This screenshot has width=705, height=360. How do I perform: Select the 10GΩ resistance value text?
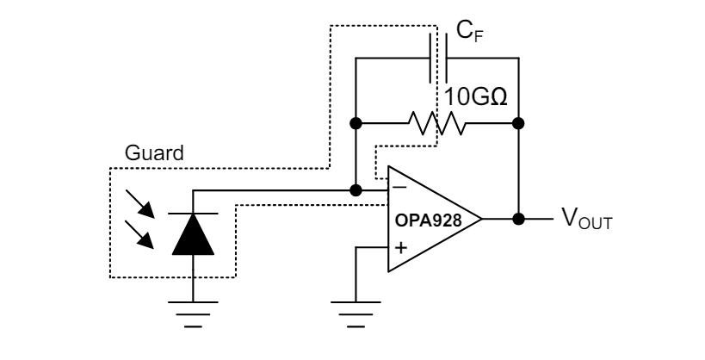[475, 94]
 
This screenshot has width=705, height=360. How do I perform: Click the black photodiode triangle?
[192, 234]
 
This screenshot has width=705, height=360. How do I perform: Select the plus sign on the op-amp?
[400, 248]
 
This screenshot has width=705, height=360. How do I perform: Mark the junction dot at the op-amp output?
[517, 219]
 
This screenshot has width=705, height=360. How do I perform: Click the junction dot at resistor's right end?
[517, 123]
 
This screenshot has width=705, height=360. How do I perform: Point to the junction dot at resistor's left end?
[355, 123]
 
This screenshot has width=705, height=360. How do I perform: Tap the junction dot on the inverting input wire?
[355, 189]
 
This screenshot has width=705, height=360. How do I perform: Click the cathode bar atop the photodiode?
[192, 212]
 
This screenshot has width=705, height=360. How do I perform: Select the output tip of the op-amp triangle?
[480, 219]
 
